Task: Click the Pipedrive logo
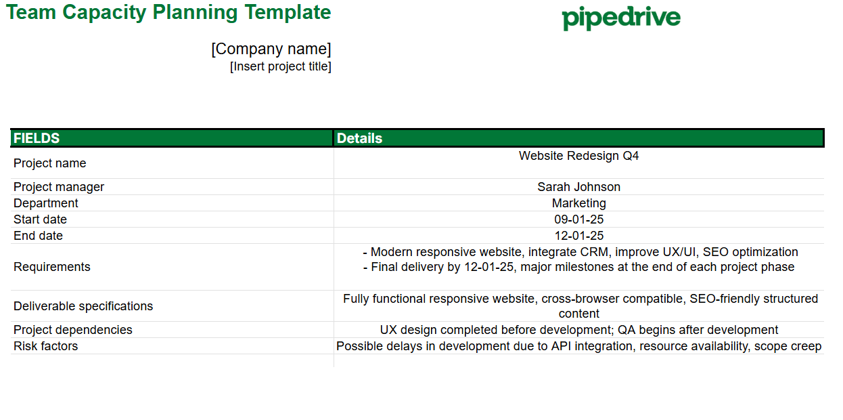pos(621,18)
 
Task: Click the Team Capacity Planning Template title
pos(168,12)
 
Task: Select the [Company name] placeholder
pos(271,49)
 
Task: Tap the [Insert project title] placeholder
pos(281,66)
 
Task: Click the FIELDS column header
pos(37,138)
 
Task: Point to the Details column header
pos(360,138)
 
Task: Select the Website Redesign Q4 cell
pos(578,156)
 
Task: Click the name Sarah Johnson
pos(578,187)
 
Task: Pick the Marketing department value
pos(578,203)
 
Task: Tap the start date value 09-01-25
pos(578,219)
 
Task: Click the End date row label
pos(38,236)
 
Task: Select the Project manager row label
pos(59,187)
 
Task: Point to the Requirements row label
pos(52,267)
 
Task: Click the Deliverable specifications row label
pos(83,306)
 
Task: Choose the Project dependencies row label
pos(73,330)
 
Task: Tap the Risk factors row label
pos(45,346)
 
